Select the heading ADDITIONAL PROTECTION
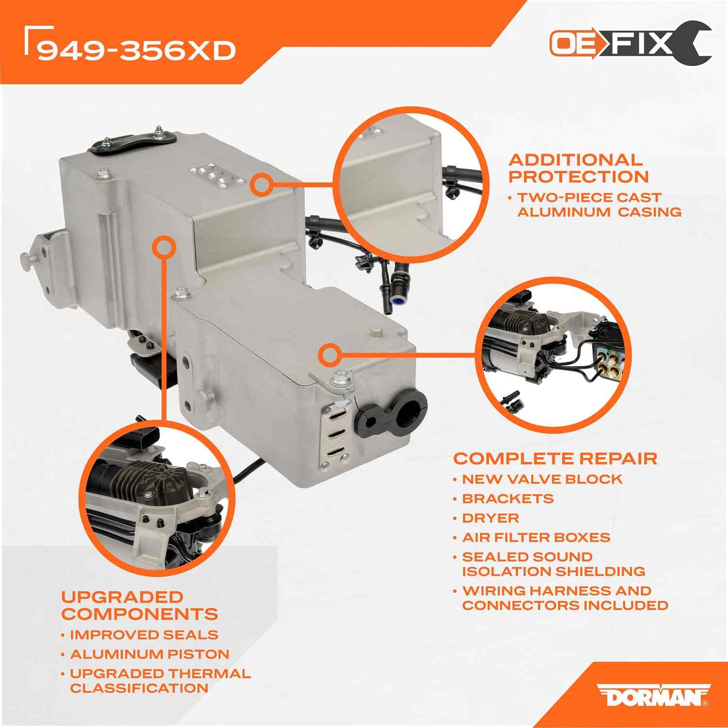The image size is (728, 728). click(x=578, y=168)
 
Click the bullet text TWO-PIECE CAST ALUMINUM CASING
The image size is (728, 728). click(x=595, y=205)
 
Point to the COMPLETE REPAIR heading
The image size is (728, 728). click(x=555, y=458)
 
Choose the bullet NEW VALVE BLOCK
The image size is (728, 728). click(x=542, y=479)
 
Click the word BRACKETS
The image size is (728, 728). click(x=508, y=498)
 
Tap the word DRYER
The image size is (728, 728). click(x=490, y=518)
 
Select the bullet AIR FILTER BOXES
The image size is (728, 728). click(x=536, y=537)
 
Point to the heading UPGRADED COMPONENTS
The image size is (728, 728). click(x=139, y=605)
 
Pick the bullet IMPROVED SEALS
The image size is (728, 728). click(x=144, y=635)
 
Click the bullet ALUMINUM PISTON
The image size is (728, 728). click(x=149, y=654)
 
